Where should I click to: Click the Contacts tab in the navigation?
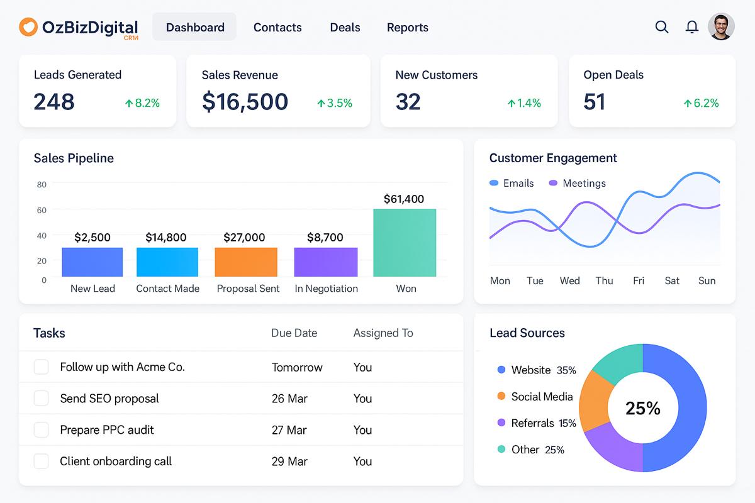(277, 28)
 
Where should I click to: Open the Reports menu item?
(407, 28)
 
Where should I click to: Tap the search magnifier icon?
(662, 27)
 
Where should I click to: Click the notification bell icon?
(692, 27)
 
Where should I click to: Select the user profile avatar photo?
(721, 27)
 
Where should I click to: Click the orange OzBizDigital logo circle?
(28, 27)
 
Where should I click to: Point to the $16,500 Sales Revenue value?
(245, 102)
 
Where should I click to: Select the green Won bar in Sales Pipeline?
(405, 243)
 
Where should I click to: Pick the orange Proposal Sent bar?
(246, 262)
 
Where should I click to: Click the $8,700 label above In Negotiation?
(325, 238)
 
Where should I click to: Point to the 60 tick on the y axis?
(42, 210)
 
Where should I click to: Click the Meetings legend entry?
(577, 184)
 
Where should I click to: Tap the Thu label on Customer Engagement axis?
(604, 281)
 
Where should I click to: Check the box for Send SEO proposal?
(41, 399)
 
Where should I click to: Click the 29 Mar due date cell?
(289, 462)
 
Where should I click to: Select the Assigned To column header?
(383, 333)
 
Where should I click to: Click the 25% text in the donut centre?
(643, 409)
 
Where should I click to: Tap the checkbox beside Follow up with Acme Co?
(41, 367)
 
